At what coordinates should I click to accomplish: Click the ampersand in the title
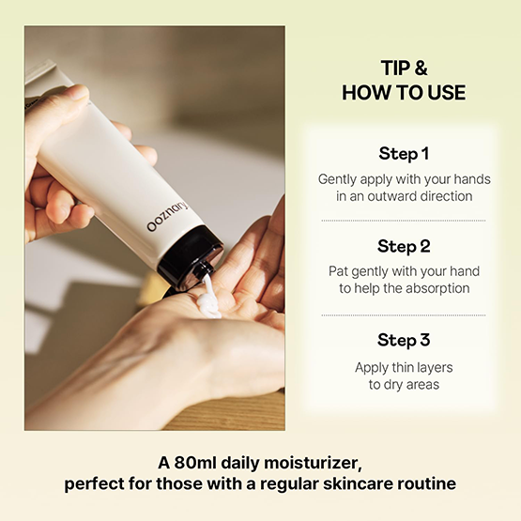421,69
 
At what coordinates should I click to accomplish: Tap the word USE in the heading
446,93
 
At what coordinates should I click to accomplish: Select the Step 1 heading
404,154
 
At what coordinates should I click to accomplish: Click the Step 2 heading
404,246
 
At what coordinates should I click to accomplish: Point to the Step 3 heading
404,340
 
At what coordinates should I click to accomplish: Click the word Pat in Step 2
338,271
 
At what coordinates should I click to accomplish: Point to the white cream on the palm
209,298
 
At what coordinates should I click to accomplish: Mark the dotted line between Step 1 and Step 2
404,221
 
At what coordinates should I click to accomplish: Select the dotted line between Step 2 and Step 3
404,315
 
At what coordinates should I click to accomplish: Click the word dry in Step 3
393,385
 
